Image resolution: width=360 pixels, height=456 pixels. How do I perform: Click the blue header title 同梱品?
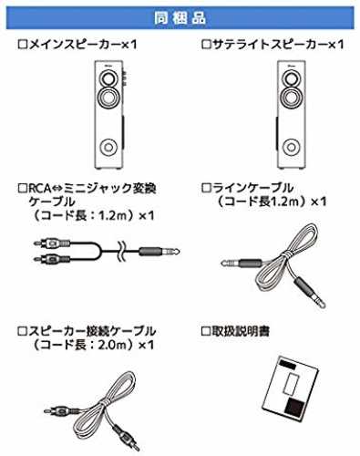(x=180, y=18)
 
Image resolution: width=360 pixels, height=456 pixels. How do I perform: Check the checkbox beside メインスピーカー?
(x=23, y=45)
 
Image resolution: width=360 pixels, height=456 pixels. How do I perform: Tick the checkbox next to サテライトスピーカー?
(x=206, y=45)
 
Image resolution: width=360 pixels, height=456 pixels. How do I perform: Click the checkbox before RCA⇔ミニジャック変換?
(x=23, y=188)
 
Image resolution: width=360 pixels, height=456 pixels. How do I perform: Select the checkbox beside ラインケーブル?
(x=206, y=188)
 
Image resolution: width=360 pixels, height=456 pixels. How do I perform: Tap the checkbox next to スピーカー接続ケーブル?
(x=23, y=331)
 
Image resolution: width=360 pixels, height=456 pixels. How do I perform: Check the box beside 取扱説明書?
(x=206, y=331)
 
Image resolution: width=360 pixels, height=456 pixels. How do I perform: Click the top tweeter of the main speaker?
(x=108, y=78)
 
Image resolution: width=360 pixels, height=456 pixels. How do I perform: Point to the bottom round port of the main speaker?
(x=108, y=148)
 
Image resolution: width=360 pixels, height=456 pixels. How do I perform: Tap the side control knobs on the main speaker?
(x=124, y=78)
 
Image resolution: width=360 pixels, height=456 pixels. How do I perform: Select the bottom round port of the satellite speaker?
(x=292, y=148)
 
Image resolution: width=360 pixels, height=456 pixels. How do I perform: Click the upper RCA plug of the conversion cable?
(x=52, y=243)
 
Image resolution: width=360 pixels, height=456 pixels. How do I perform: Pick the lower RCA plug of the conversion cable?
(x=52, y=259)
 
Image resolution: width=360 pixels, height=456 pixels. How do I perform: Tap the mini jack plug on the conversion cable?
(x=159, y=252)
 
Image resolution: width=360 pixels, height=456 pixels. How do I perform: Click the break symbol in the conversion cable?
(x=121, y=252)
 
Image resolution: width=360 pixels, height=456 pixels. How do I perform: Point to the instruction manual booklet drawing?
(x=291, y=387)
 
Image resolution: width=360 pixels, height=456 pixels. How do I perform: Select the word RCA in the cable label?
(x=39, y=189)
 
